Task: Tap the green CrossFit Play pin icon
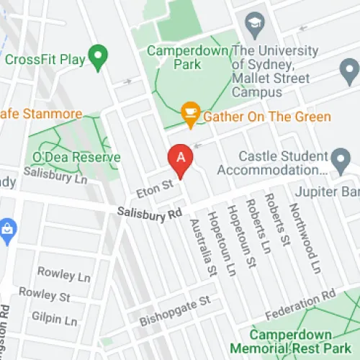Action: pyautogui.click(x=98, y=54)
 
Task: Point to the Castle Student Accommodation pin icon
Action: pyautogui.click(x=340, y=159)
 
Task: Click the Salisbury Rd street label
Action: pyautogui.click(x=150, y=214)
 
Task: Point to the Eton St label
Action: pyautogui.click(x=154, y=186)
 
